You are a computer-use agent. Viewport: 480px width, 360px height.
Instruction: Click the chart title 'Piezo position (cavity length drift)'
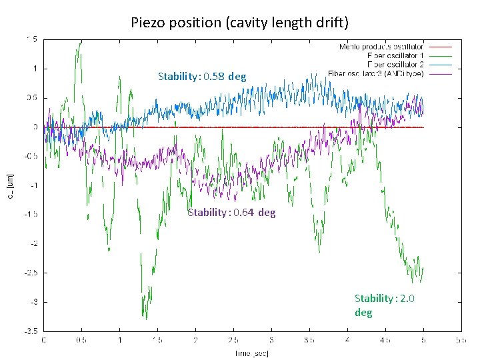239,23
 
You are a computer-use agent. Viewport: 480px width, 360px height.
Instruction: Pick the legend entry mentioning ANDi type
377,73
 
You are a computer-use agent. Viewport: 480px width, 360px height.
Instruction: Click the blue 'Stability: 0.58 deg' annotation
201,77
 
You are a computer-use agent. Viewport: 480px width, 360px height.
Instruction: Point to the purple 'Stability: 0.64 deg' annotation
231,213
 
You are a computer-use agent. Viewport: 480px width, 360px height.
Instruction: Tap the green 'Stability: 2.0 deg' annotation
384,305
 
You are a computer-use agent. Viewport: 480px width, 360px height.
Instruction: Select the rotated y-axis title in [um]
10,185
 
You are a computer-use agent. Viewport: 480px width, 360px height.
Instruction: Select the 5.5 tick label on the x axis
461,340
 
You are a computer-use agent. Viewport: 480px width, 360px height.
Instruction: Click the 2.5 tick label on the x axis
233,340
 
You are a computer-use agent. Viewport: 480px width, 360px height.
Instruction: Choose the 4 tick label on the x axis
347,340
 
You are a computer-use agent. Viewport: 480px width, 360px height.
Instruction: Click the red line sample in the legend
440,47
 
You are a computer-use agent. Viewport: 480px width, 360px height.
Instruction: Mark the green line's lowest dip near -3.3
145,317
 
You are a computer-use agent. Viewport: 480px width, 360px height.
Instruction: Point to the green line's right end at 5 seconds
423,268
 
